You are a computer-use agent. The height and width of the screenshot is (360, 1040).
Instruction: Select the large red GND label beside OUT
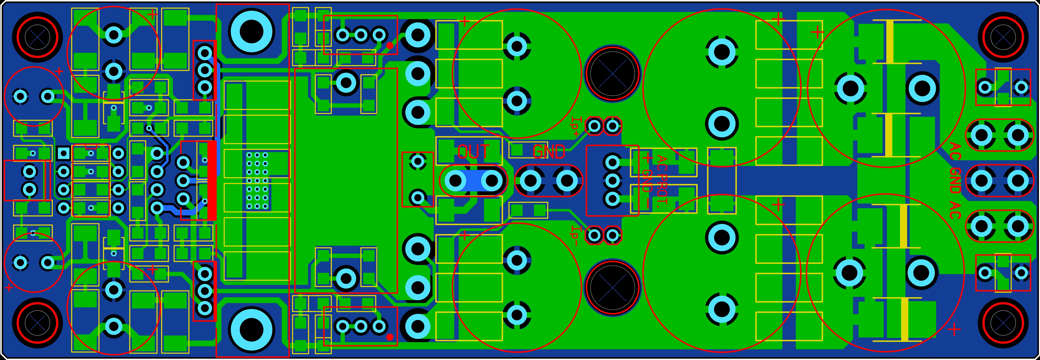549,152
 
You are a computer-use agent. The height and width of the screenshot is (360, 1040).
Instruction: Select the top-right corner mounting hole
1002,37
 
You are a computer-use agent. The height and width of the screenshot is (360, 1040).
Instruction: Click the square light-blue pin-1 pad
63,153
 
